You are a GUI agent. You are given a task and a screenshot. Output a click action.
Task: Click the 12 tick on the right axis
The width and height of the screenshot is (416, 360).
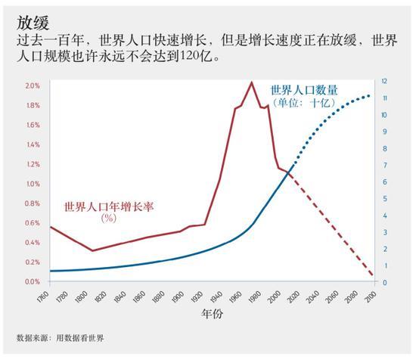(x=385, y=80)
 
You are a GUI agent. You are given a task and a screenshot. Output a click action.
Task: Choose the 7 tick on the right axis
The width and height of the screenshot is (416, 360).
(x=385, y=165)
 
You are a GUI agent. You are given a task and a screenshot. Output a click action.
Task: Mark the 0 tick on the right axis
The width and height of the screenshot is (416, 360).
(x=385, y=283)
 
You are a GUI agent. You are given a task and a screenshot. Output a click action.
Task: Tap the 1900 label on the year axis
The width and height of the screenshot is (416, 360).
(x=179, y=296)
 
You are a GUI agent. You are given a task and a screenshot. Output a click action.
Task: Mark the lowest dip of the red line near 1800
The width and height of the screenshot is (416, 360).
(x=92, y=250)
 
